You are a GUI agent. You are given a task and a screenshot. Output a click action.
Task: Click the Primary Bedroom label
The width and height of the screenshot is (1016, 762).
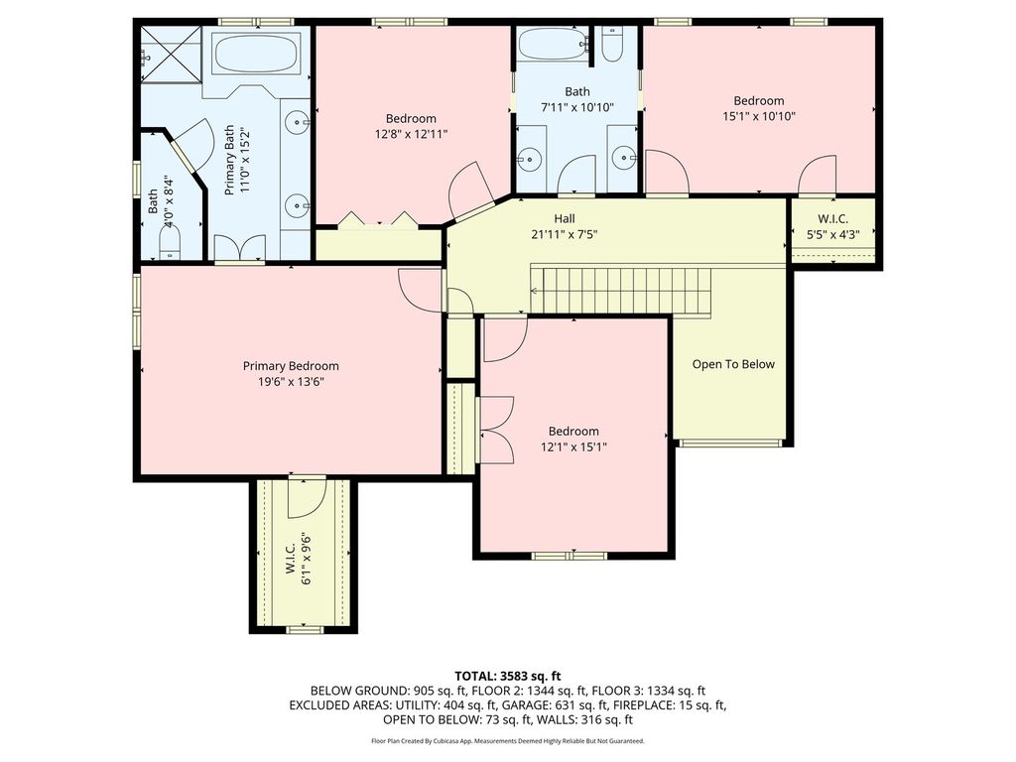[291, 366]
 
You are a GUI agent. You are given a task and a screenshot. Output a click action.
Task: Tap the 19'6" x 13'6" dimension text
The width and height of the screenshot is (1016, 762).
[291, 382]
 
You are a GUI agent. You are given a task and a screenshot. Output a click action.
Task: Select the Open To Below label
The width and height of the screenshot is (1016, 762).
[733, 364]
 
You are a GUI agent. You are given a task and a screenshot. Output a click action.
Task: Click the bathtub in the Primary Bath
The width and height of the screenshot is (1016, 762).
[256, 56]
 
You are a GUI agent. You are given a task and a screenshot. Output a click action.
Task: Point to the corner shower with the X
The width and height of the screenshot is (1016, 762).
[171, 55]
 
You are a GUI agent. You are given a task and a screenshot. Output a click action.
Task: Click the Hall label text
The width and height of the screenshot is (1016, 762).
[564, 219]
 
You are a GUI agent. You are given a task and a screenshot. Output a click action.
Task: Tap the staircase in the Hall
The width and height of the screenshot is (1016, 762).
[621, 290]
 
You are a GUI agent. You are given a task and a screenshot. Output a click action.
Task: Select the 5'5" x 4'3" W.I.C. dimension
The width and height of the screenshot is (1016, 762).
[832, 234]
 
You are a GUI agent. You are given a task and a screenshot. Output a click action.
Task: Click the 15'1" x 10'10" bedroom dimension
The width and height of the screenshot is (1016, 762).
[759, 117]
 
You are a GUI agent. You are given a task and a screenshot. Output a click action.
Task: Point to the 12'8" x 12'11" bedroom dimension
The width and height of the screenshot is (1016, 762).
[411, 134]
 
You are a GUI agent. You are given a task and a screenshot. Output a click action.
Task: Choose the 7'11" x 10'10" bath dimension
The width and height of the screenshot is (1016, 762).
[576, 107]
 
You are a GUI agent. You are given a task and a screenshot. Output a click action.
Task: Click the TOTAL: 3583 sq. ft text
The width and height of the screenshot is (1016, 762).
[507, 677]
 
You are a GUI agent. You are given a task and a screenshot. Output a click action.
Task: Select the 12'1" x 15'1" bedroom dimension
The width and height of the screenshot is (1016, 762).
[573, 447]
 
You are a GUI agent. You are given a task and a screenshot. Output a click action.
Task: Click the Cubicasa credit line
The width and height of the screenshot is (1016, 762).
[507, 740]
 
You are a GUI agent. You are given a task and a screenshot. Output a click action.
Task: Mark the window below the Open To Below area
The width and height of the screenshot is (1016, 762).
[729, 444]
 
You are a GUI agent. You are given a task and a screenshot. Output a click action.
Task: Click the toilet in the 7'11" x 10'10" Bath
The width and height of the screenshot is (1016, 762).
[611, 43]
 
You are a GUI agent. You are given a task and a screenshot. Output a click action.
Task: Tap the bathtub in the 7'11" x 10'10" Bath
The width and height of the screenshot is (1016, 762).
[552, 44]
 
